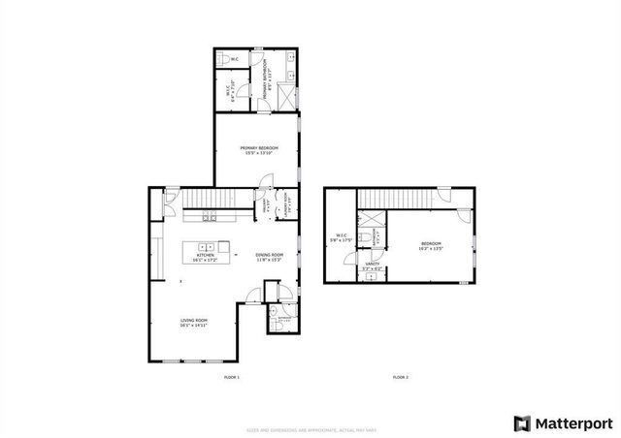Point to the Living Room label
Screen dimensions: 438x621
coord(195,324)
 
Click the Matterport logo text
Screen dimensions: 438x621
coord(569,422)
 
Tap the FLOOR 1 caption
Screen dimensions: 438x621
coord(231,376)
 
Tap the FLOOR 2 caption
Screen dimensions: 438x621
coord(401,376)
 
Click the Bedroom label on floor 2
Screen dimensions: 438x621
coord(431,245)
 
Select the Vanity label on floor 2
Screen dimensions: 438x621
coord(372,266)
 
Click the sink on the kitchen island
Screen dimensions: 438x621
coord(206,246)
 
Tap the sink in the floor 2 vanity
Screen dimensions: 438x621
coord(371,277)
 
